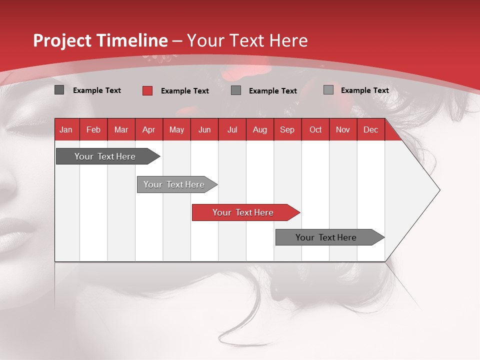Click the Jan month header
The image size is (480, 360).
coord(66,130)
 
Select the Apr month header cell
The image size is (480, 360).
coord(148,130)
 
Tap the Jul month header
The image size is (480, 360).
coord(232,130)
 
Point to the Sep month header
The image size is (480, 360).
coord(287,130)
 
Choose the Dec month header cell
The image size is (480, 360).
coord(370,130)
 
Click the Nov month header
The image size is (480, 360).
coord(342,130)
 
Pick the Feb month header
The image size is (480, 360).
coord(93,130)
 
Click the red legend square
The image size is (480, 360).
coord(147,90)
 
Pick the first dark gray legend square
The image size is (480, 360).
coord(59,90)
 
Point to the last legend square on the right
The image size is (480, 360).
coord(328,90)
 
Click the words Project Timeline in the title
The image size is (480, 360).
coord(100,40)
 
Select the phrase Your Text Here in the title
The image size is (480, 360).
coord(247,40)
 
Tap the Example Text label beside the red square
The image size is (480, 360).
coord(184,91)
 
